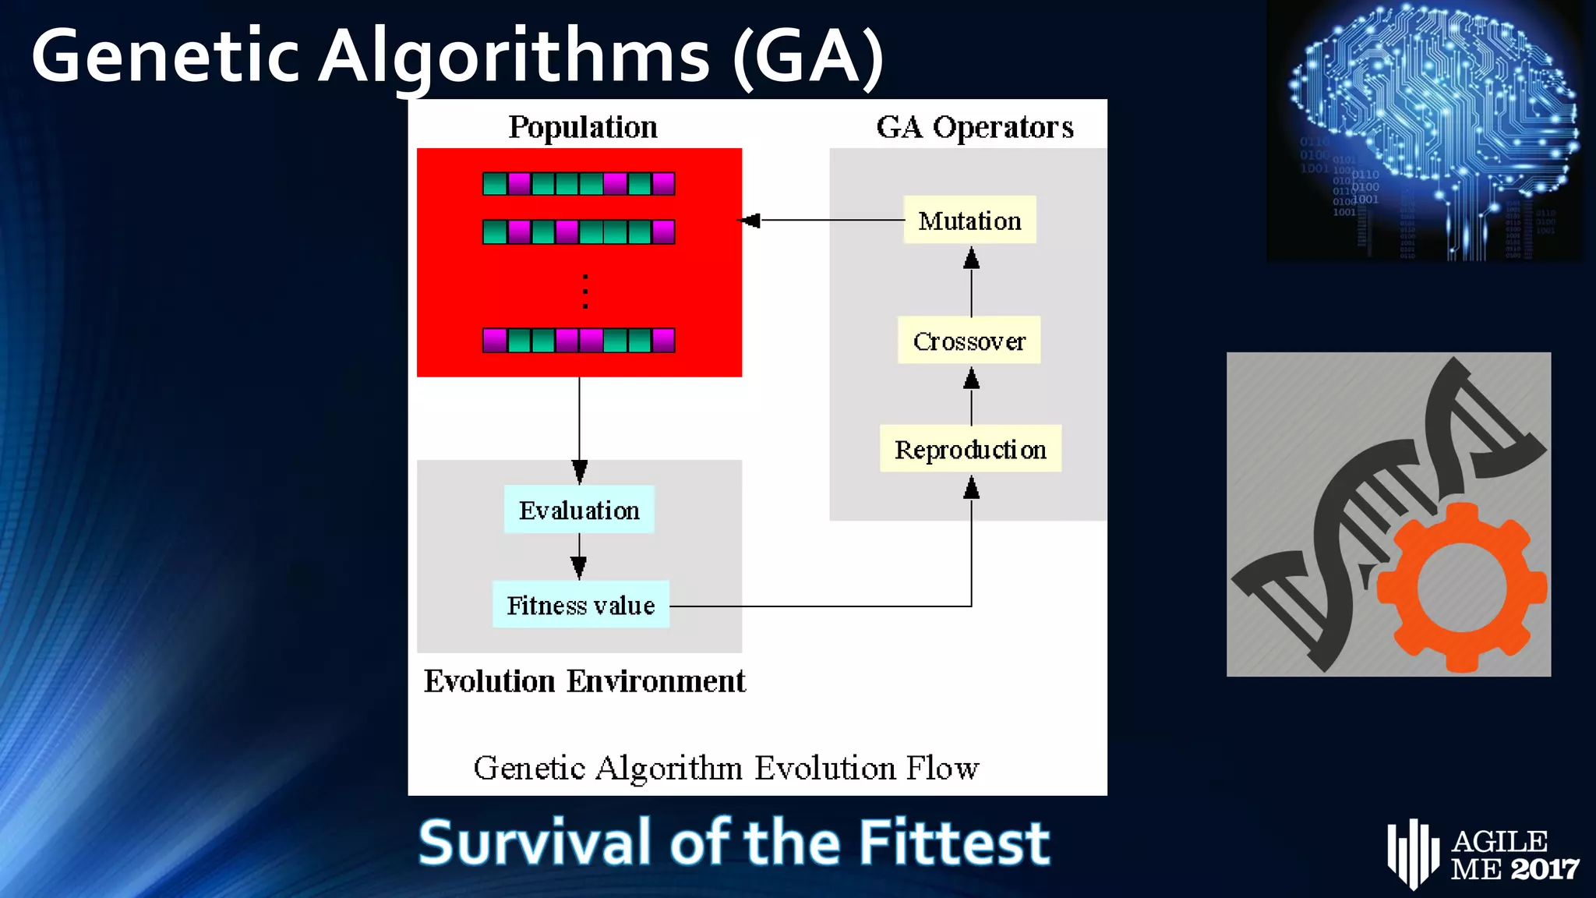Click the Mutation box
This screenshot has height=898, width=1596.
tap(969, 221)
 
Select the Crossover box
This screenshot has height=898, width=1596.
tap(969, 341)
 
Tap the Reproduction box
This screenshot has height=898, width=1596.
tap(970, 449)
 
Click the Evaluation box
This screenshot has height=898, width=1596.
tap(579, 510)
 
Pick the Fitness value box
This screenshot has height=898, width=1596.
tap(581, 605)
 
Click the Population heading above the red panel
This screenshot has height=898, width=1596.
tap(583, 126)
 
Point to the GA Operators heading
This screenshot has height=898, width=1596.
tap(974, 126)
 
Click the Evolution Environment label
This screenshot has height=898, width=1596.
tap(584, 681)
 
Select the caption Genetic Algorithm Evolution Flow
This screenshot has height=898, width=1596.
tap(726, 768)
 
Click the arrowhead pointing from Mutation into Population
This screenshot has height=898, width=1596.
tap(750, 221)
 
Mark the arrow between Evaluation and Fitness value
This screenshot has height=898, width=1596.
tap(579, 557)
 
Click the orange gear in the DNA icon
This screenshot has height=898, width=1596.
tap(1461, 587)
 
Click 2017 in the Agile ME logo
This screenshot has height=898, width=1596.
tap(1545, 868)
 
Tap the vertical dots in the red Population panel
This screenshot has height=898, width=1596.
tap(585, 292)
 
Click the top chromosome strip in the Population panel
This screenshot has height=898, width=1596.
tap(578, 184)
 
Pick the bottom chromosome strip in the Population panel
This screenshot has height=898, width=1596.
tap(578, 341)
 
